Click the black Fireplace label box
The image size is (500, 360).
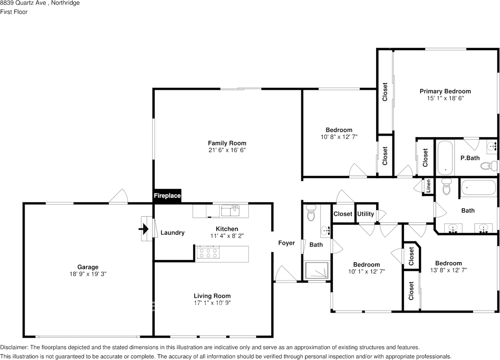pyautogui.click(x=167, y=195)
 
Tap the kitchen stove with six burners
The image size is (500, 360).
pyautogui.click(x=207, y=253)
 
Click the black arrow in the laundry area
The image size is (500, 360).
pyautogui.click(x=144, y=229)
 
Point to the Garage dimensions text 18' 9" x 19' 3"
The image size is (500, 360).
pyautogui.click(x=87, y=274)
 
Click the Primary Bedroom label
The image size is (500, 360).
pyautogui.click(x=445, y=91)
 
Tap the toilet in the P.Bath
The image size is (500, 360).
pyautogui.click(x=486, y=166)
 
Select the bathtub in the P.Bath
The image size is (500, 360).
pyautogui.click(x=445, y=158)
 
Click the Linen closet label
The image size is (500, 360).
pyautogui.click(x=429, y=186)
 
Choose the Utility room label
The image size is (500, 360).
pyautogui.click(x=366, y=214)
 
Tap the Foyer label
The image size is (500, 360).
pyautogui.click(x=286, y=243)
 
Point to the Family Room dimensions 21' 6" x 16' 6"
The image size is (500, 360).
pyautogui.click(x=227, y=150)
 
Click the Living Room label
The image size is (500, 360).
pyautogui.click(x=212, y=296)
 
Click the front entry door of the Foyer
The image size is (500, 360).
pyautogui.click(x=285, y=274)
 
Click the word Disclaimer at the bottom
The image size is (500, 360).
pyautogui.click(x=14, y=347)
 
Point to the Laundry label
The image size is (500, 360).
pyautogui.click(x=172, y=233)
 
